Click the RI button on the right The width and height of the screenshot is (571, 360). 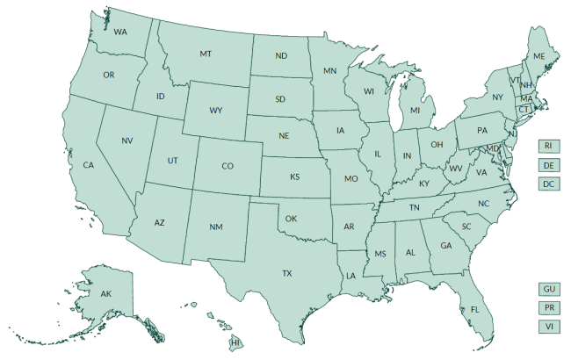(548, 146)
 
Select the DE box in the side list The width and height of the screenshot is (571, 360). (548, 165)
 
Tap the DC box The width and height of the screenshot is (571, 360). (548, 184)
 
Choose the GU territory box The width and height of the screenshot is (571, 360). (549, 289)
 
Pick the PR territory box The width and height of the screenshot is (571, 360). (549, 308)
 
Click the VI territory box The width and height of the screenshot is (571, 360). (549, 327)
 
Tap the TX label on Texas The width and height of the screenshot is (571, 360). (286, 274)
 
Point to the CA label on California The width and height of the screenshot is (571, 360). (89, 165)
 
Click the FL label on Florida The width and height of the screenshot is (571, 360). (474, 310)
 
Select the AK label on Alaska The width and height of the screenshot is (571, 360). (105, 293)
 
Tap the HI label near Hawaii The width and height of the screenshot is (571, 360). (235, 341)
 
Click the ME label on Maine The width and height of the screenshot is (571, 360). (539, 56)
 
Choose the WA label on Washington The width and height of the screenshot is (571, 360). (120, 32)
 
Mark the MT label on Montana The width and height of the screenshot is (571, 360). (206, 54)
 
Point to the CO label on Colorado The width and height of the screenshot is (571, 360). (227, 166)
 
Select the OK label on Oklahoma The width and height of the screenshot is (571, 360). (292, 219)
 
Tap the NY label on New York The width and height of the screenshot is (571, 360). (497, 97)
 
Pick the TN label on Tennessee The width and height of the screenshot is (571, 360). (413, 207)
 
